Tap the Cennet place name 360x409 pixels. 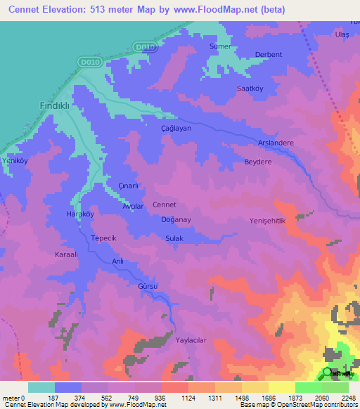point(164,204)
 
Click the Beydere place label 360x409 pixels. point(257,161)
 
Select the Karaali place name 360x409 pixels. point(67,254)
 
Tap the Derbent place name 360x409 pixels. point(269,55)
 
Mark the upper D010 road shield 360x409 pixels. point(144,47)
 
